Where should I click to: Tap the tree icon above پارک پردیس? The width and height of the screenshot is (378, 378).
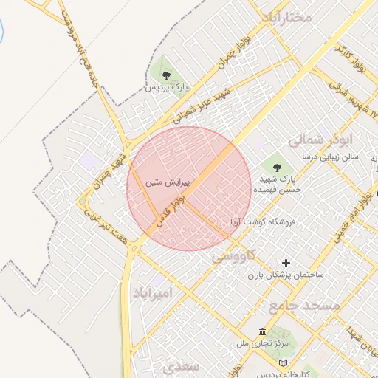[x=166, y=75]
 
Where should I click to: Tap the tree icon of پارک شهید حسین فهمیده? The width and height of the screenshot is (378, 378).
[x=277, y=166]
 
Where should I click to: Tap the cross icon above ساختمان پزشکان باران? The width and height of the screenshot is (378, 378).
[x=286, y=263]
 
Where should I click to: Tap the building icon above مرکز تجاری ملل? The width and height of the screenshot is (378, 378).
[x=263, y=331]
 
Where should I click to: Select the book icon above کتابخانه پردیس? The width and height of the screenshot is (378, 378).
[x=284, y=362]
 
